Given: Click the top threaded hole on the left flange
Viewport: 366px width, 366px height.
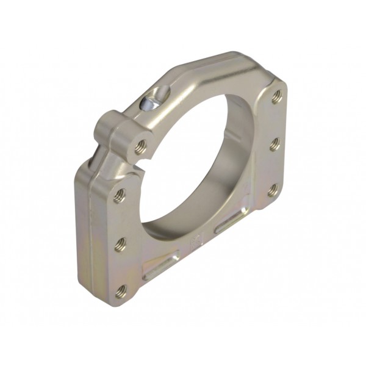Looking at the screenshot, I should pos(120,196).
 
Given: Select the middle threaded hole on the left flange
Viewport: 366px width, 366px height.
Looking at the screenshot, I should pos(120,243).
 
